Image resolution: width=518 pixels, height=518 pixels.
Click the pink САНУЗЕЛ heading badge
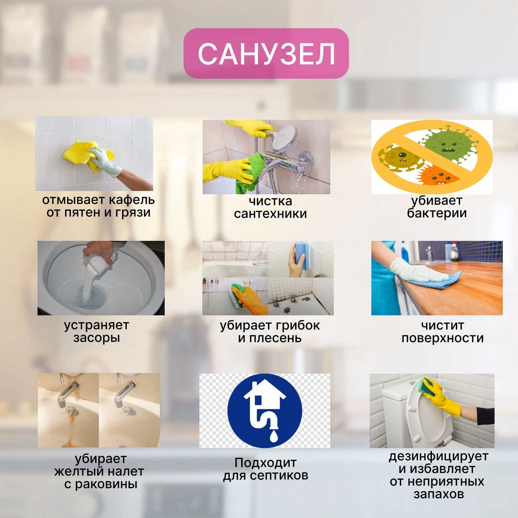tap(266, 53)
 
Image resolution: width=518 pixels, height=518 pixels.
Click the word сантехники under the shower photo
tap(270, 214)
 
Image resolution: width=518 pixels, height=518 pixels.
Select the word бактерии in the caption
tap(437, 213)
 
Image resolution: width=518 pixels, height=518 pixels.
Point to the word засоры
tap(96, 338)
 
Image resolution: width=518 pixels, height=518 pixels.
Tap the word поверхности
tap(443, 338)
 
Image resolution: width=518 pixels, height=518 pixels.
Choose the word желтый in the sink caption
tap(74, 471)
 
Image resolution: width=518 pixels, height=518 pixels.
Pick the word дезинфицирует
tap(438, 456)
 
